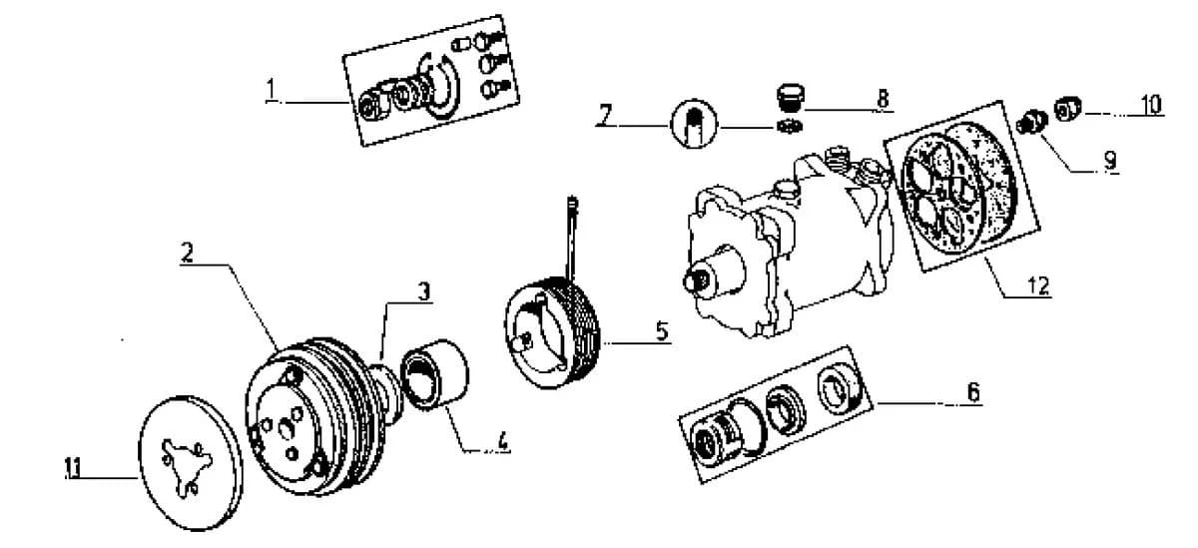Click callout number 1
coord(272,89)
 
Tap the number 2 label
coord(187,253)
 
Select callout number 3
coord(423,291)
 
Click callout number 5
coord(662,331)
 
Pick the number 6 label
coord(973,392)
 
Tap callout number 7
coord(604,115)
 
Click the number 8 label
coord(883,99)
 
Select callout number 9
coord(1110,160)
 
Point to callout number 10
coord(1151,104)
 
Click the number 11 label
coord(73,468)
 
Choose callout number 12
coord(1038,286)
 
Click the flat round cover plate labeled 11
coord(190,463)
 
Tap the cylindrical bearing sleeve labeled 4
coord(434,375)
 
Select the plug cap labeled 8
coord(790,98)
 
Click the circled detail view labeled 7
coord(694,123)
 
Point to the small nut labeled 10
coord(1067,109)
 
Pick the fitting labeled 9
coord(1031,122)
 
